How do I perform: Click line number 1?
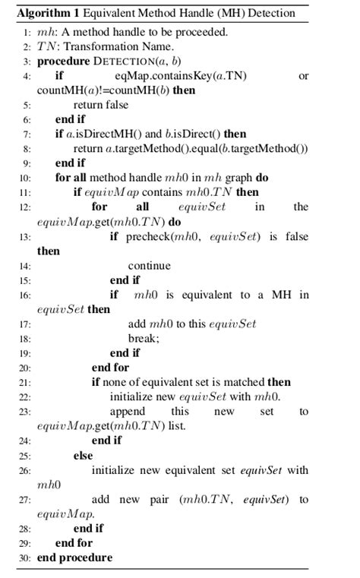[27, 32]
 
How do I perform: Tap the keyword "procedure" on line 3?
[64, 61]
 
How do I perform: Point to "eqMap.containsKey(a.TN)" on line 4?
[181, 76]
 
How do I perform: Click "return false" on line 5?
[101, 105]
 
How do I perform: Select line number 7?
[27, 134]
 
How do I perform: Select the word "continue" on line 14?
[149, 265]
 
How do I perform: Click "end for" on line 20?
[110, 368]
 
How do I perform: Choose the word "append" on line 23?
[128, 411]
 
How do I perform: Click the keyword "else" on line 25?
[83, 456]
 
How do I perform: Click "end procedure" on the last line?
[74, 557]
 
